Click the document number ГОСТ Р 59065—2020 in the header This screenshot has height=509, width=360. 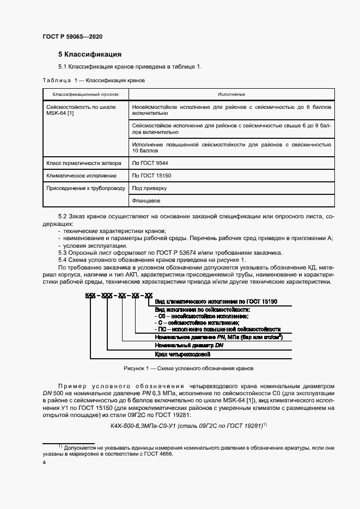[x=72, y=36]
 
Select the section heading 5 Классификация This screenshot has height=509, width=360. [x=90, y=54]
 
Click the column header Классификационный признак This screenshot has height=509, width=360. [x=83, y=95]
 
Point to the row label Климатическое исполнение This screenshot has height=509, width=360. [x=82, y=176]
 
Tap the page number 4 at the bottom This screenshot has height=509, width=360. [x=44, y=462]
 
